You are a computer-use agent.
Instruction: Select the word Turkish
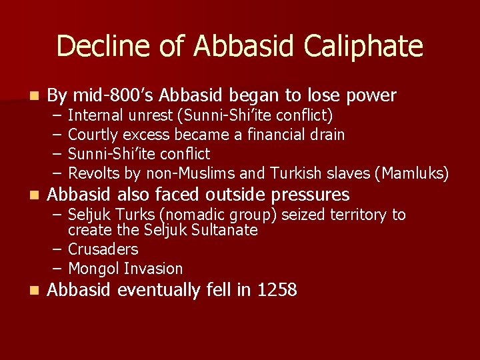pos(295,174)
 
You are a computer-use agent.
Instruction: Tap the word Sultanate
pos(223,230)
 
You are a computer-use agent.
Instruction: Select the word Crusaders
pos(103,249)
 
